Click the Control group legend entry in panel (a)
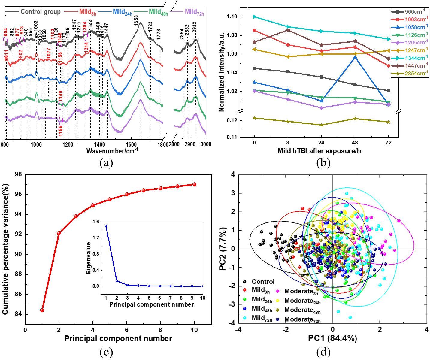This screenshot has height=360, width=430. click(40, 12)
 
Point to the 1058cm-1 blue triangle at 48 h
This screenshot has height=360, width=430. click(355, 57)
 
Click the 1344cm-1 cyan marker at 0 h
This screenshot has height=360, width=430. click(254, 17)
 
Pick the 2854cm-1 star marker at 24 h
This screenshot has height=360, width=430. click(321, 125)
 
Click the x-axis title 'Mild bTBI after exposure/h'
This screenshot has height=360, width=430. click(319, 151)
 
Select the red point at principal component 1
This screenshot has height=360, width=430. click(42, 310)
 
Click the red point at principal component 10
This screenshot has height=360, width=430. click(194, 184)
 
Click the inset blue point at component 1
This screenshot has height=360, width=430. click(106, 226)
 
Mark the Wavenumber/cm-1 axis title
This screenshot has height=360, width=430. click(112, 150)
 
